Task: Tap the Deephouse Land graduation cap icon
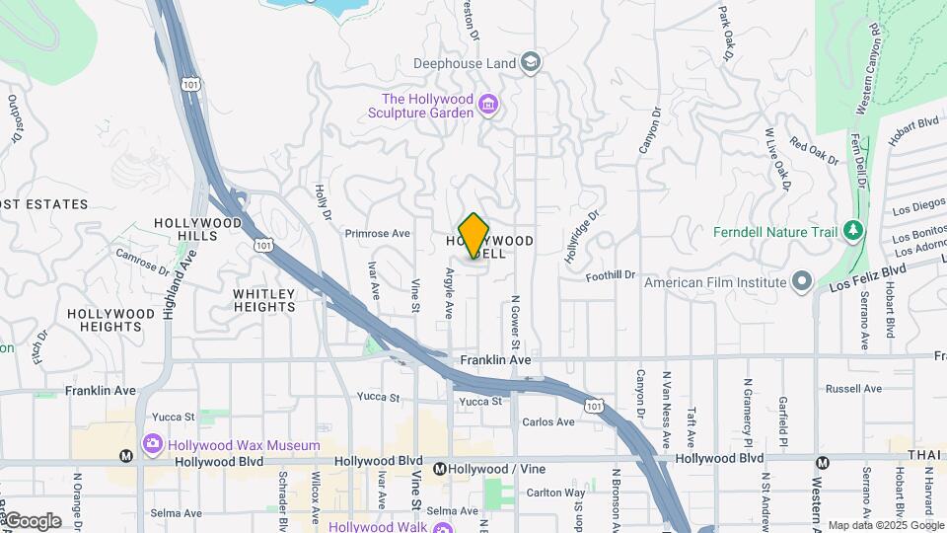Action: pyautogui.click(x=532, y=63)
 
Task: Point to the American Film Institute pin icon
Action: pyautogui.click(x=801, y=282)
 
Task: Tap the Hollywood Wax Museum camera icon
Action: pyautogui.click(x=152, y=445)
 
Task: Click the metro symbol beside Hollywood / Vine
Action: pyautogui.click(x=440, y=468)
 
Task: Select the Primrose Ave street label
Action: pyautogui.click(x=377, y=234)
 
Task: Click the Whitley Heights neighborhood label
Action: pyautogui.click(x=264, y=300)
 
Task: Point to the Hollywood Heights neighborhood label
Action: pyautogui.click(x=111, y=320)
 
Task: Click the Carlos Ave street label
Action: pyautogui.click(x=548, y=422)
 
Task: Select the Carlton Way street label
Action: pyautogui.click(x=555, y=493)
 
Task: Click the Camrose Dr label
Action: pyautogui.click(x=143, y=259)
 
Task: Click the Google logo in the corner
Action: pyautogui.click(x=32, y=520)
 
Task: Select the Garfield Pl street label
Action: pyautogui.click(x=782, y=419)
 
